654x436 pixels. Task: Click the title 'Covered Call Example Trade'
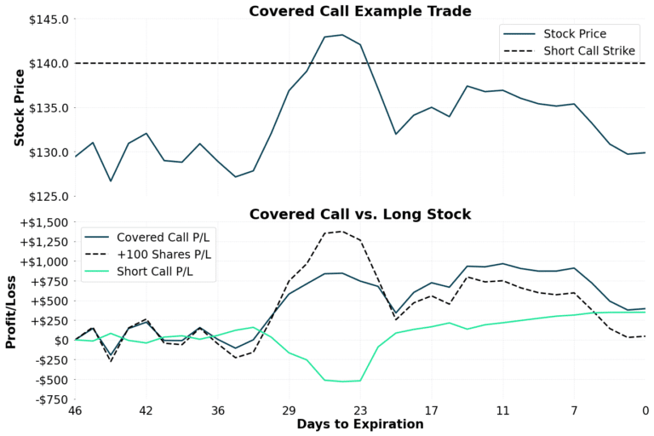pos(359,10)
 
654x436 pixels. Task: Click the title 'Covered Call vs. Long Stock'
pos(359,213)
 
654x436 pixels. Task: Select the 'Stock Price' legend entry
pos(579,34)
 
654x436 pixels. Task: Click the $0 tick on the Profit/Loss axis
pos(60,340)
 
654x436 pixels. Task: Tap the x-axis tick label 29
pos(289,410)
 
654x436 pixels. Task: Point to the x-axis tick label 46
pos(75,410)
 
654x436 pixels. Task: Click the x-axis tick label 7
pos(574,410)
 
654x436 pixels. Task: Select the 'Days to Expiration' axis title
pos(359,425)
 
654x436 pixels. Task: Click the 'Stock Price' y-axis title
pos(18,108)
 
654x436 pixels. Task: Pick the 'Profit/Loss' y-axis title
pos(12,311)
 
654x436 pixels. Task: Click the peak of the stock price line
pos(342,35)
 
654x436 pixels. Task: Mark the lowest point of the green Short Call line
pos(342,381)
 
